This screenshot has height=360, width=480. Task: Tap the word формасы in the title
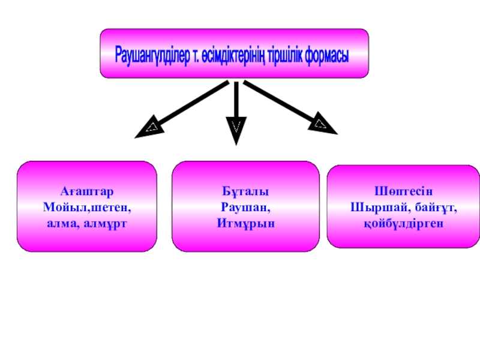[x=326, y=56]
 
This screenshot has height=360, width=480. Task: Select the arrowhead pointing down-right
[x=322, y=125]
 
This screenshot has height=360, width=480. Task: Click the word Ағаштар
[x=86, y=191]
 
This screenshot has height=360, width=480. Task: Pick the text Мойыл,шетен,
[x=86, y=207]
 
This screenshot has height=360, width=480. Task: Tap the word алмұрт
[x=109, y=223]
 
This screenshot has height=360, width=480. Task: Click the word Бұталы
[x=245, y=191]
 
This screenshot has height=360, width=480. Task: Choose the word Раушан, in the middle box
[x=245, y=207]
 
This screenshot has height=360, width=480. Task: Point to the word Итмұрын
[x=245, y=223]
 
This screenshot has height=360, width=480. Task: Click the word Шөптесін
[x=403, y=191]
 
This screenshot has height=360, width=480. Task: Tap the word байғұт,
[x=431, y=207]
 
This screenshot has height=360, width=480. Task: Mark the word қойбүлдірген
[x=403, y=223]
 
